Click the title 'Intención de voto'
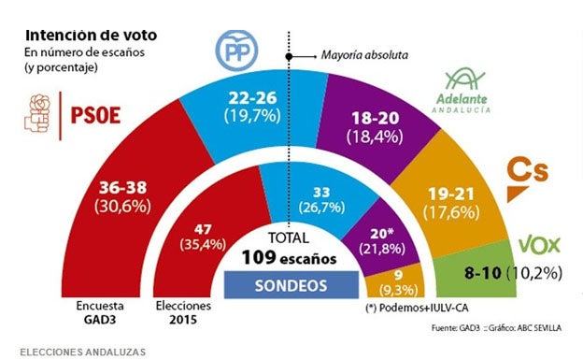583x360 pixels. [91, 35]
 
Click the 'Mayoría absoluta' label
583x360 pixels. [364, 55]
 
